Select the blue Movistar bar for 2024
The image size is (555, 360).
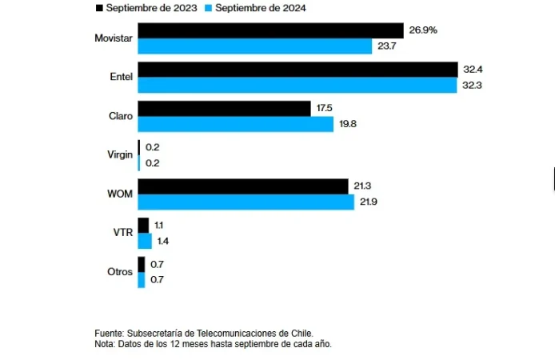coord(255,46)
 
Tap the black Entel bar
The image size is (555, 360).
coord(297,70)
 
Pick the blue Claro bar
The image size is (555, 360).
coord(235,124)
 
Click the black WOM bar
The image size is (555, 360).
coord(243,186)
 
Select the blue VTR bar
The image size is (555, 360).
coord(145,241)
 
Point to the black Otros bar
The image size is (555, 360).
coord(142,264)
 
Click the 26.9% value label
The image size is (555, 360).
coord(422,30)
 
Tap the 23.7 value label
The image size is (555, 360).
coord(386,46)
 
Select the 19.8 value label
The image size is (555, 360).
coord(348,124)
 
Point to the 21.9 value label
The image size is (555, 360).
coord(369,202)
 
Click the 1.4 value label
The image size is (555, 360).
coord(162,241)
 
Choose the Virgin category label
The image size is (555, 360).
coord(119,154)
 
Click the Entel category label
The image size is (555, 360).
coord(121,77)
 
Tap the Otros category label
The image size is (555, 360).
coord(120,272)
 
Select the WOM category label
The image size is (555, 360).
coord(120,194)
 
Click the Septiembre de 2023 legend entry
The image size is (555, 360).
coord(145,8)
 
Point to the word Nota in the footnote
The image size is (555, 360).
coord(105,343)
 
